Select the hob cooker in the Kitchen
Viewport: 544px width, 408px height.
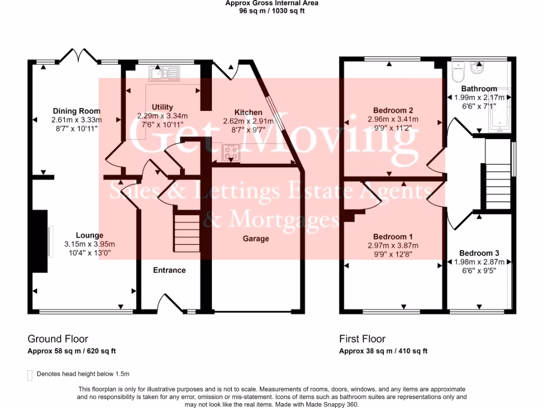[x=231, y=152]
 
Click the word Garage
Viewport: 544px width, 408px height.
[x=256, y=239]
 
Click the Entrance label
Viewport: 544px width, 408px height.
[x=169, y=270]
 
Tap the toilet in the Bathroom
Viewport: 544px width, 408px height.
[x=458, y=72]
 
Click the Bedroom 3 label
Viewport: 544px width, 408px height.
[x=479, y=253]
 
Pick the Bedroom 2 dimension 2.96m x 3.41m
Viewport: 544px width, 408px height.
[x=393, y=120]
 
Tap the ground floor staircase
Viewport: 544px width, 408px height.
[x=187, y=233]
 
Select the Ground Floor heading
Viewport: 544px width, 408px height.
[x=58, y=339]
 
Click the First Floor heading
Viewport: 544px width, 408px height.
[x=362, y=339]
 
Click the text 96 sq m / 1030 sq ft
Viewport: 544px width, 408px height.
[x=271, y=11]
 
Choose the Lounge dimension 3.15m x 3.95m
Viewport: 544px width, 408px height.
[x=89, y=244]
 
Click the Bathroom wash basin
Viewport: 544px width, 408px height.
[x=478, y=69]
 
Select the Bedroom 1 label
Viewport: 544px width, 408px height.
[x=393, y=236]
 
